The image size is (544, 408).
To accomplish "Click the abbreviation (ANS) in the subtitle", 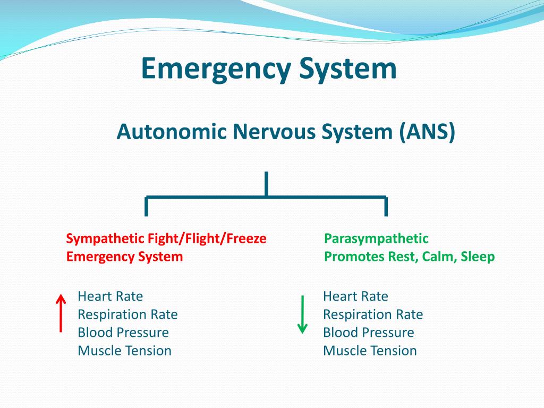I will [x=428, y=132].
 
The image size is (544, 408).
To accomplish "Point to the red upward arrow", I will [x=61, y=313].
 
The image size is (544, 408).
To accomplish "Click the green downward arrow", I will [x=302, y=314].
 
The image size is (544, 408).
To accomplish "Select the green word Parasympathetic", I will [x=376, y=239].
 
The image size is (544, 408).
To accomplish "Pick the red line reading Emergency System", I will [x=124, y=257].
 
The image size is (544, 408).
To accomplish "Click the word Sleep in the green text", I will [x=478, y=257].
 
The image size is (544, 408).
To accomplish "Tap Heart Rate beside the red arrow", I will [x=110, y=296].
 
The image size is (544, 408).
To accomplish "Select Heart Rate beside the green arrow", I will [x=355, y=296].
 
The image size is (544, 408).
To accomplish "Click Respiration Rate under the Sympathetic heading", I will [x=127, y=314].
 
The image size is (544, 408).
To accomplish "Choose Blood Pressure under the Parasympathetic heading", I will [x=368, y=333].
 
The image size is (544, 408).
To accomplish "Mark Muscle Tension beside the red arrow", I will [x=124, y=351].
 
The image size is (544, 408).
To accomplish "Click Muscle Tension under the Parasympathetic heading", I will [x=370, y=351].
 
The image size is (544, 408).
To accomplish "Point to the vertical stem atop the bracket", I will [x=266, y=184].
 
